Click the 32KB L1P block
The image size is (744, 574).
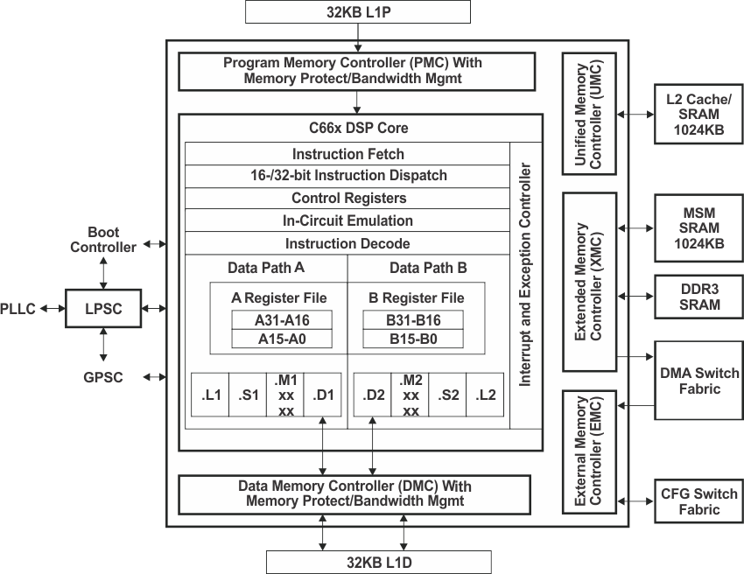click(x=357, y=12)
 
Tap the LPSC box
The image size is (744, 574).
click(x=103, y=309)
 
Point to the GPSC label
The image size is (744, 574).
click(x=104, y=377)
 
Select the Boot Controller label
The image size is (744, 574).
click(x=110, y=240)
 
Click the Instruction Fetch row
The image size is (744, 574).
click(x=347, y=154)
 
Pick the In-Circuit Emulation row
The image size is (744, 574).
click(x=347, y=220)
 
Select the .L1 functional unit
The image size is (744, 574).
click(x=210, y=395)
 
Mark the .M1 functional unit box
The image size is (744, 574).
click(x=285, y=395)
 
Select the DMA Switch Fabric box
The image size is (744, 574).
click(x=698, y=380)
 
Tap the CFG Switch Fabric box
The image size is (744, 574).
click(x=698, y=501)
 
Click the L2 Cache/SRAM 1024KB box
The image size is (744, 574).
click(x=698, y=115)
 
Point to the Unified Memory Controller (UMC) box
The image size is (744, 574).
click(x=590, y=114)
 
